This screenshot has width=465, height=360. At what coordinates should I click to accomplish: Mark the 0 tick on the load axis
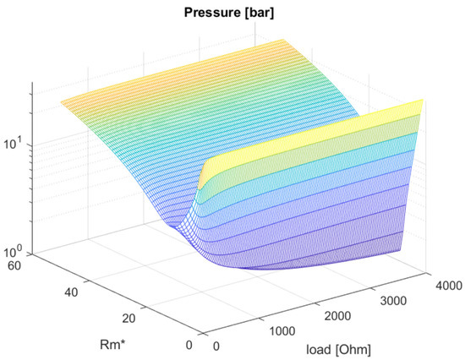point(219,346)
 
